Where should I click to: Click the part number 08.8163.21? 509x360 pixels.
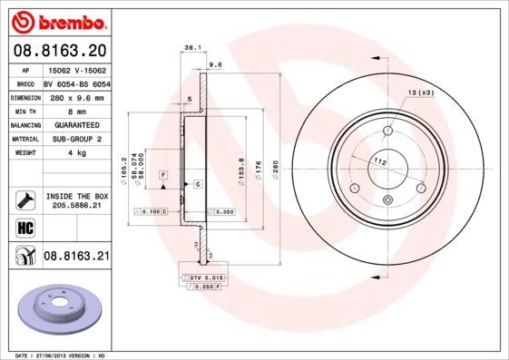coord(77,258)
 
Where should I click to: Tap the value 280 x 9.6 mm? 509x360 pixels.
coord(77,96)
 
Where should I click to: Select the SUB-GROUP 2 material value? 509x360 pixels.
coord(77,139)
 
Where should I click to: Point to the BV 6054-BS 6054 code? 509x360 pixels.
coord(77,83)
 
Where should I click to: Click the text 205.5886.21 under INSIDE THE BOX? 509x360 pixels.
coord(77,205)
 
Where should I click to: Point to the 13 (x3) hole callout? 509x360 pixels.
coord(419,92)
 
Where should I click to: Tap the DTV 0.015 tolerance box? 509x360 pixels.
coord(205,276)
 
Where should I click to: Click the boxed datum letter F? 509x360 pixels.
coord(163,173)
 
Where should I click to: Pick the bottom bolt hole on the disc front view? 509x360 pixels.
coord(387,201)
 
